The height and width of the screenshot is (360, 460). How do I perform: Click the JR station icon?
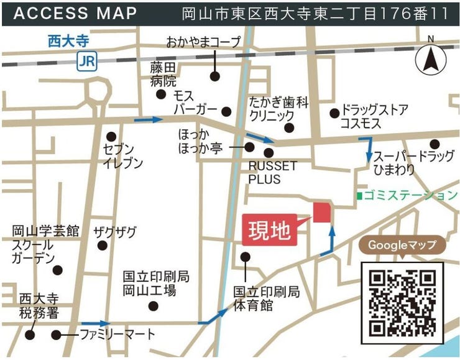(x=86, y=60)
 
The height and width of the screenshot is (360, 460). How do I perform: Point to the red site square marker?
(x=322, y=212)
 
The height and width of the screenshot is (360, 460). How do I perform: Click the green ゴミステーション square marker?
(x=359, y=195)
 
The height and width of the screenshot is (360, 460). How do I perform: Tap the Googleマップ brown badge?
(x=402, y=245)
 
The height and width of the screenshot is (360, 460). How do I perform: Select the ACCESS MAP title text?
(x=75, y=13)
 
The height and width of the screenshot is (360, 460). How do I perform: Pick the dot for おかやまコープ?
(x=214, y=76)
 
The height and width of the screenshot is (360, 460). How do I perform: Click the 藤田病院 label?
(x=163, y=74)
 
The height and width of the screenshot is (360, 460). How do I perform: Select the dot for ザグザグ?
(x=102, y=245)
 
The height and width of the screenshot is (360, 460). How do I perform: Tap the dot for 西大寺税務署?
(x=30, y=335)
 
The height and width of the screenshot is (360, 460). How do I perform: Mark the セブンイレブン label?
(x=123, y=157)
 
